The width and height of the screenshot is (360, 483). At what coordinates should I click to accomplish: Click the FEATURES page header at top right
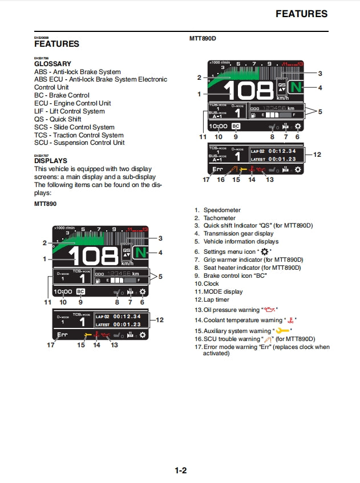coord(301,14)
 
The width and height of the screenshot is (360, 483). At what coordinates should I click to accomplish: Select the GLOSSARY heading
coord(52,64)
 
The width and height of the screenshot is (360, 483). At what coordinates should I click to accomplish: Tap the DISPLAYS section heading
coord(51,161)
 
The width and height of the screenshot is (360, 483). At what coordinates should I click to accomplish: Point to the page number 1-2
coord(180,470)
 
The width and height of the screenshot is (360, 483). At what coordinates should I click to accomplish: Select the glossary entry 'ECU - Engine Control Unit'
coord(72,103)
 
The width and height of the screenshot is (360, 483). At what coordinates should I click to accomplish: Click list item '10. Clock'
coord(207,283)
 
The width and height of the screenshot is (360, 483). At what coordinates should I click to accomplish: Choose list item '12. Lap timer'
coord(213,299)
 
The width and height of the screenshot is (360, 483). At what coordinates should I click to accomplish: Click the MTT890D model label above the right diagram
coord(203,39)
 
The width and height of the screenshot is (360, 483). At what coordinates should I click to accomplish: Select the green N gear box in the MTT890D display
coord(295,87)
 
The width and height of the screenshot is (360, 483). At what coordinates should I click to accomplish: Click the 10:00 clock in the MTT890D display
coord(218,127)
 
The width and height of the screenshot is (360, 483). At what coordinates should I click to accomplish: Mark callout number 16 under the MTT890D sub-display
coord(221,180)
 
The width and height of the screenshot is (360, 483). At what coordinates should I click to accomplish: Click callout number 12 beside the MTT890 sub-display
coord(159,320)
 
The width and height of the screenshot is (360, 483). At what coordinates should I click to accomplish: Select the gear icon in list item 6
coord(264,251)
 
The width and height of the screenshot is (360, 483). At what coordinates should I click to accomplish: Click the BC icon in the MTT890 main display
coord(80,292)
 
